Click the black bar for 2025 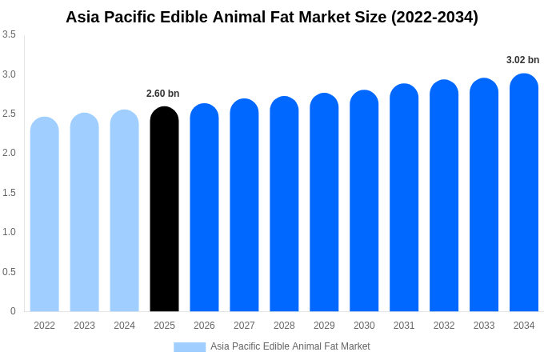point(164,210)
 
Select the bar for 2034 point(524,193)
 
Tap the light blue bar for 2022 point(45,214)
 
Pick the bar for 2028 point(284,204)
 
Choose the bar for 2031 point(404,198)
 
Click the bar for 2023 point(85,212)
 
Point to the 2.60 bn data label point(163,94)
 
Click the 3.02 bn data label point(523,60)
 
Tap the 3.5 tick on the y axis point(9,34)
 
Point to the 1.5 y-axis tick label point(9,193)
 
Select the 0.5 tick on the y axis point(9,272)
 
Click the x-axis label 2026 point(204,326)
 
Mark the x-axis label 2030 point(364,326)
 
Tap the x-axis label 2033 point(484,326)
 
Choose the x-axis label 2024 point(124,326)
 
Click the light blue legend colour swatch point(190,347)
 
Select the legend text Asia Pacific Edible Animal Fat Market point(290,346)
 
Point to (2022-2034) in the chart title point(434,17)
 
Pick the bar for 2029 point(324,202)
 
